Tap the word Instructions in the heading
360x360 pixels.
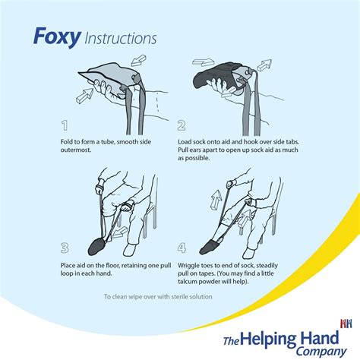coord(121,37)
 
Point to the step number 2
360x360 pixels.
coord(182,125)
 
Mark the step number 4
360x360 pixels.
coord(182,248)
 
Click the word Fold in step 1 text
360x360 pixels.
coord(70,141)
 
